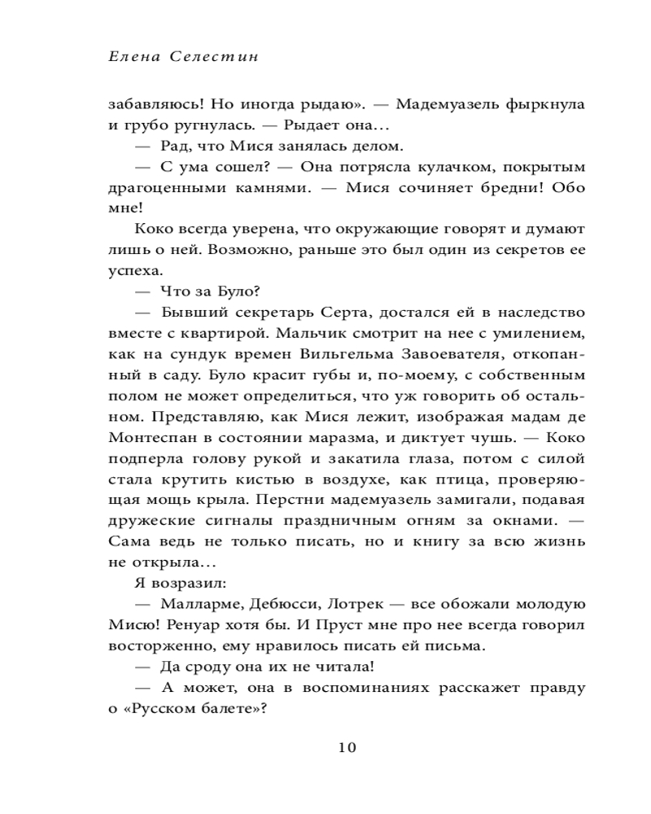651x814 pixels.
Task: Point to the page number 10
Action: tap(346, 747)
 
